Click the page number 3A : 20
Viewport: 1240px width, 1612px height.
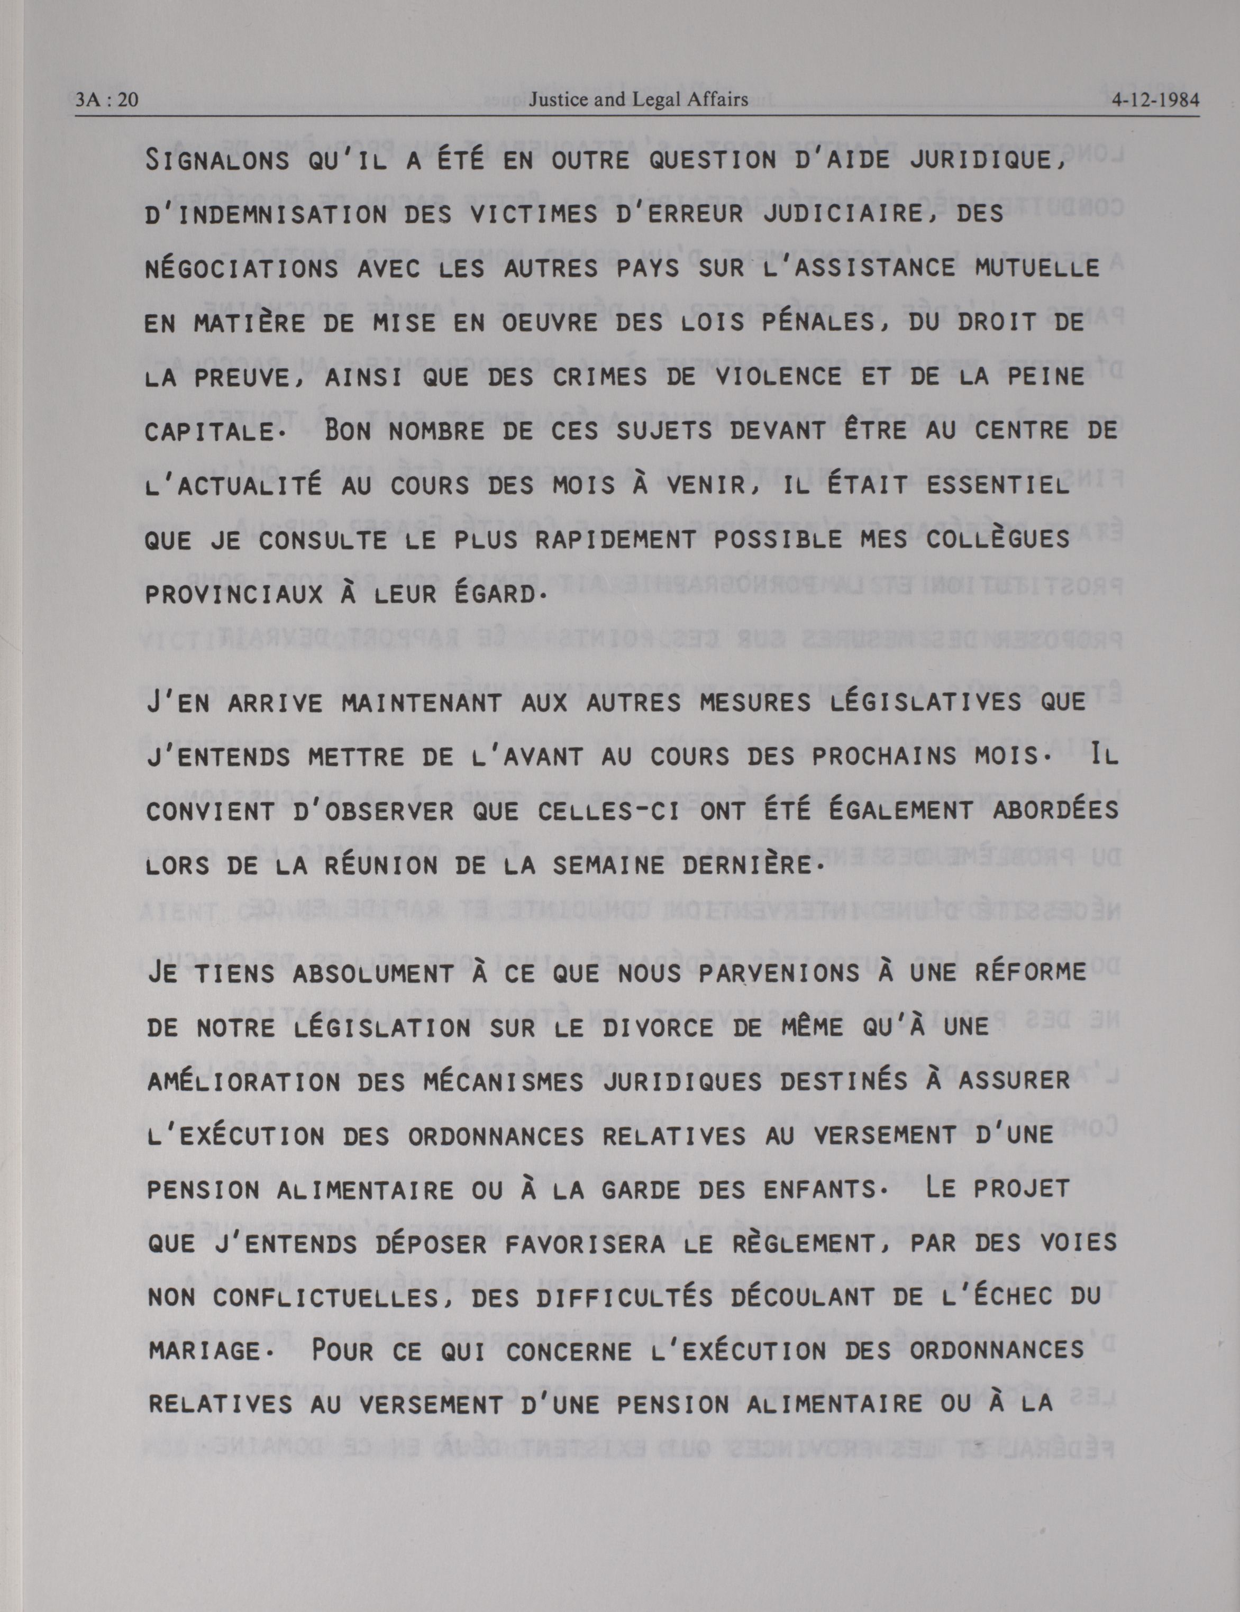107,99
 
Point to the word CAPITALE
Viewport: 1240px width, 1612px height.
209,432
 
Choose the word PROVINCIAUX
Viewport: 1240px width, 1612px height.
233,594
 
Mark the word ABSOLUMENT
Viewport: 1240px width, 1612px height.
373,973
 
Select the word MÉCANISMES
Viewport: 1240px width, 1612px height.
493,1082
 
